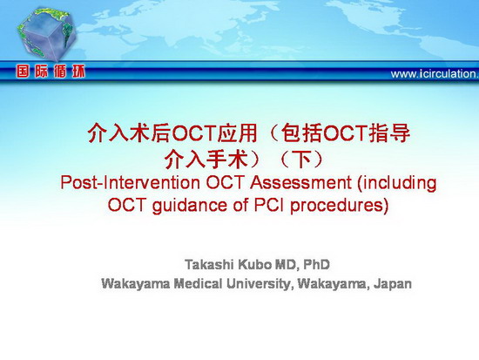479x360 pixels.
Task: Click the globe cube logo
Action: [46, 34]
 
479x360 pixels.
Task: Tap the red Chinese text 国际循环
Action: [51, 71]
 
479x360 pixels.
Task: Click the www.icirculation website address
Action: [435, 74]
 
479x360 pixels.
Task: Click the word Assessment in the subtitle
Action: [300, 182]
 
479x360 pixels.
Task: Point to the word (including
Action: [396, 183]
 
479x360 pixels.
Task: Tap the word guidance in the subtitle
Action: [190, 206]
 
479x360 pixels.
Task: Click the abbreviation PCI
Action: [269, 205]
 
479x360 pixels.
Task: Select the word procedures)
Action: [340, 206]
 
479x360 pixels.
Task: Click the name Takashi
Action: [209, 265]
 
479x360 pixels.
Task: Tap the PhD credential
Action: [316, 265]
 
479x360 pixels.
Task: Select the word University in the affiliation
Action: [259, 284]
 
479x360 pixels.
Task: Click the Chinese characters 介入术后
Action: [128, 133]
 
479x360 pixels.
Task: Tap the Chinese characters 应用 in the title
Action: [237, 133]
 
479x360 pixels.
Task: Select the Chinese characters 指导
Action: [389, 133]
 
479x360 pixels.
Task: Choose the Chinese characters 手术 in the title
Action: [226, 160]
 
